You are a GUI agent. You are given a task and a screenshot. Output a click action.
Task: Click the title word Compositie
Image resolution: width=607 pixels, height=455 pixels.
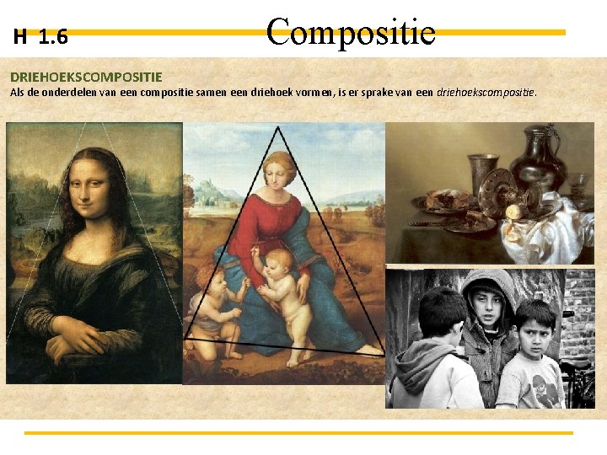tap(351, 32)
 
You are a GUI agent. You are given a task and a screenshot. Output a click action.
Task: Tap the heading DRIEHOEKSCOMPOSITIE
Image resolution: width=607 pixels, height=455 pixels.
tap(86, 77)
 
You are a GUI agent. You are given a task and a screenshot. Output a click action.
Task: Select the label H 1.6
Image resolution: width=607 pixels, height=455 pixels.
tap(40, 37)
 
